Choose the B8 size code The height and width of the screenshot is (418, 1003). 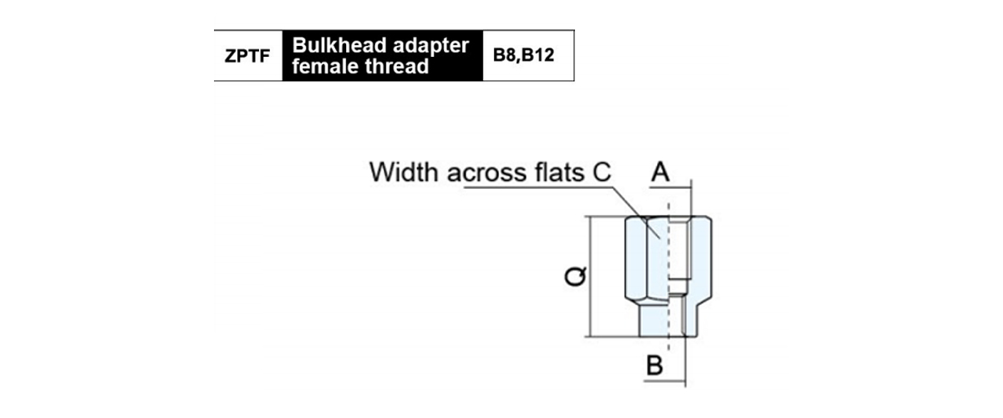pos(505,58)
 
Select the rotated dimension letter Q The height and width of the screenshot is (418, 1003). pos(575,277)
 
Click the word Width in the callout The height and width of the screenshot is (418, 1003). pos(405,173)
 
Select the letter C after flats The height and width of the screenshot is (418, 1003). pos(603,173)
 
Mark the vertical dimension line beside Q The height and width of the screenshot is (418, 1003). pos(592,277)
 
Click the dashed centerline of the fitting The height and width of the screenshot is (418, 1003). pos(669,251)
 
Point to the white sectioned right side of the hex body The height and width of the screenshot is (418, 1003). pos(700,259)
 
